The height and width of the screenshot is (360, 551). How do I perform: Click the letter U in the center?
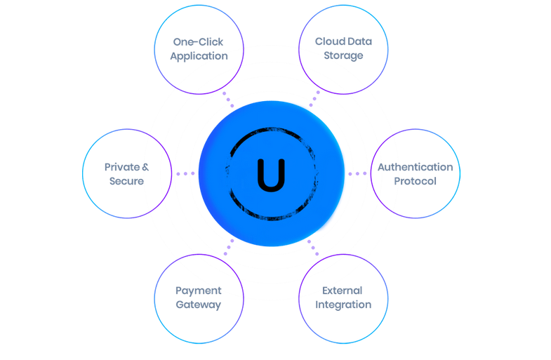coord(271,175)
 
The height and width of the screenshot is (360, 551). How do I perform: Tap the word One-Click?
coord(199,42)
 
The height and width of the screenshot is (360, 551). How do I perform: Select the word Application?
coord(199,56)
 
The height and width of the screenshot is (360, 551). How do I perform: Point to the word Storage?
coord(343,55)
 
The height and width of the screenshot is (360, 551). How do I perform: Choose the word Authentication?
coord(415,167)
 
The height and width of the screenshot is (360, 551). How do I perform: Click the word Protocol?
coord(415,181)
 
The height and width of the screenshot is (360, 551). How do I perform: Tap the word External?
coord(343,291)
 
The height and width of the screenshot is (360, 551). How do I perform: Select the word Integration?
coord(343,305)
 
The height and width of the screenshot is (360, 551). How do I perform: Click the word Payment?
coord(199,291)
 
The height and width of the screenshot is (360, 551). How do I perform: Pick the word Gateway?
coord(199,305)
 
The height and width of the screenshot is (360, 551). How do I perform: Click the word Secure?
coord(126,181)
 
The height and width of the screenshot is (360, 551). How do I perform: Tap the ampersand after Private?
coord(145,167)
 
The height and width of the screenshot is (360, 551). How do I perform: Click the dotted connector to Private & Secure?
coord(185,173)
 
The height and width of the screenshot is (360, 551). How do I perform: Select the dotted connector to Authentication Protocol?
coord(357,173)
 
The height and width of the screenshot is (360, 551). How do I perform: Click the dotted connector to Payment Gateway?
coord(228,248)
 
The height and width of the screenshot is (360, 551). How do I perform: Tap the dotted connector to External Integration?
coord(313,248)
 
